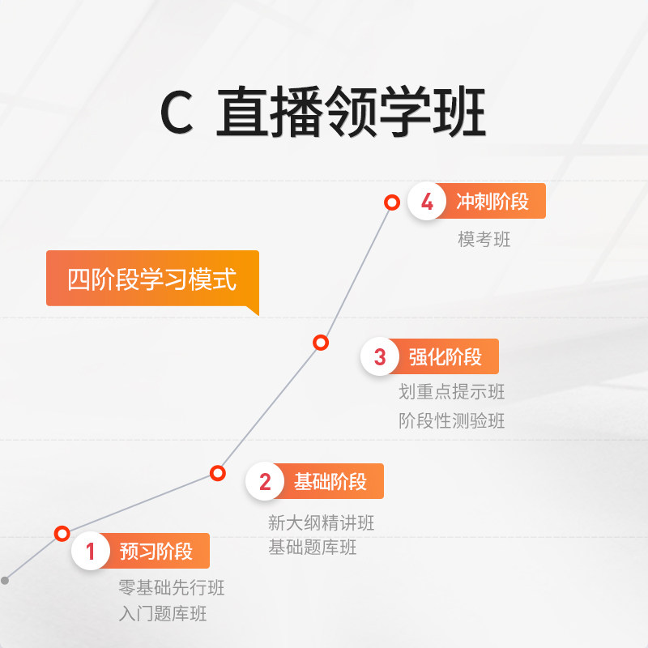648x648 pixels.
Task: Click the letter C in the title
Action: pos(177,114)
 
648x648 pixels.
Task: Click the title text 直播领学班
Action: pos(351,114)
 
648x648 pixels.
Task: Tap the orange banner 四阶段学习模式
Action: pos(152,279)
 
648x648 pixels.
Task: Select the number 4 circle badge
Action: pos(427,202)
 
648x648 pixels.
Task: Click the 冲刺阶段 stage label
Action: pos(492,202)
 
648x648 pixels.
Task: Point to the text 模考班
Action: pos(484,239)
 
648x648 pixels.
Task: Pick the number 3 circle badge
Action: pos(381,356)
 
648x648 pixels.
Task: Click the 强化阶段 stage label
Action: pos(446,356)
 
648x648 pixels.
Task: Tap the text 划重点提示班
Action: pos(452,392)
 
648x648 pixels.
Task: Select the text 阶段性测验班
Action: pos(452,421)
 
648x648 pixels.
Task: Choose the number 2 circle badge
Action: pos(265,482)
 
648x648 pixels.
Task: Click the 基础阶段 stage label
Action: pos(330,482)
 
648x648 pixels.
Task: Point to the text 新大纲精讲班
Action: pos(322,522)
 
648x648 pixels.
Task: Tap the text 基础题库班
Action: pos(313,548)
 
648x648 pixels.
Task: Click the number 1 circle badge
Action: pos(91,552)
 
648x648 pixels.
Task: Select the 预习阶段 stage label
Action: pos(156,552)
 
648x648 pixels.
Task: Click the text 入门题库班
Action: pos(163,614)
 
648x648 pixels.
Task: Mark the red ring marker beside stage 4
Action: pos(392,202)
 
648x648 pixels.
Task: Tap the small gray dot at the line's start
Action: pos(5,580)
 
